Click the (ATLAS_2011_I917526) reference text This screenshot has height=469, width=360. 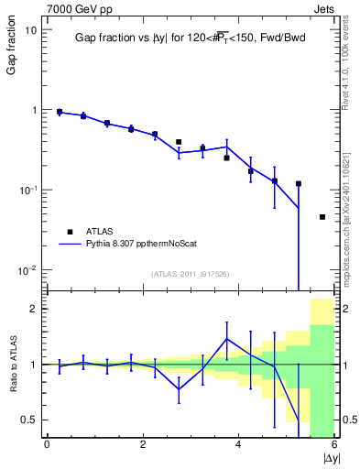click(190, 273)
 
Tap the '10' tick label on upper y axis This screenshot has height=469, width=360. click(30, 29)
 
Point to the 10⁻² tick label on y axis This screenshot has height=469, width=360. click(27, 270)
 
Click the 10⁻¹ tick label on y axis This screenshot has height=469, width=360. click(27, 190)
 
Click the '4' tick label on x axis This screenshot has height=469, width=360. click(238, 444)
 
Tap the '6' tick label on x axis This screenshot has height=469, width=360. click(333, 444)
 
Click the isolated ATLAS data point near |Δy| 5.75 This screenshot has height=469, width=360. click(322, 217)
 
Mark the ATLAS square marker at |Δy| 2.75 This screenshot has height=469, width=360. click(179, 142)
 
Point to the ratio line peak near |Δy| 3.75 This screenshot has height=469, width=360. click(226, 339)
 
